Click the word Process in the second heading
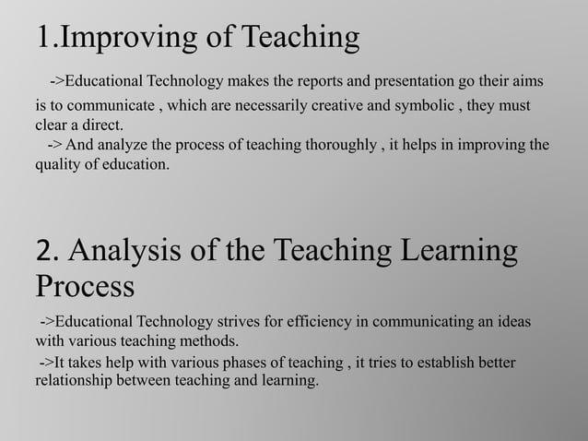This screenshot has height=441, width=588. (85, 286)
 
